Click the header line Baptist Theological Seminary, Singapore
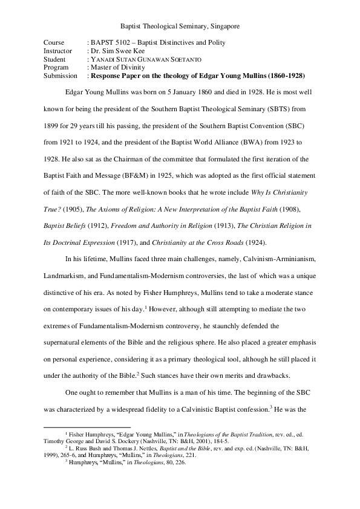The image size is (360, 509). point(180,27)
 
